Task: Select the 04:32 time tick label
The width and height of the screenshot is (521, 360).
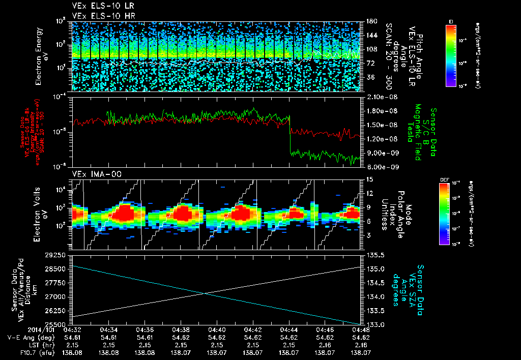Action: point(73,329)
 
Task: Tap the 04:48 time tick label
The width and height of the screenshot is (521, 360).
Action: point(360,329)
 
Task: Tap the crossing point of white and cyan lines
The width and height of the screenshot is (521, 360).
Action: point(205,293)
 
